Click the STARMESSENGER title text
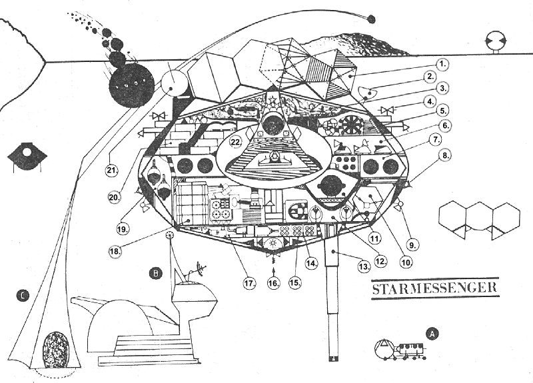[435, 288]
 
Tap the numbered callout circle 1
[442, 64]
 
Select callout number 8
[446, 155]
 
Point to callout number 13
[364, 267]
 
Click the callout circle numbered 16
[274, 282]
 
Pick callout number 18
[114, 252]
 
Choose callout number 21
[111, 170]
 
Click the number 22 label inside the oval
[236, 143]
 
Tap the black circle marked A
[432, 334]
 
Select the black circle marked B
[156, 274]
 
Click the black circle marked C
[23, 296]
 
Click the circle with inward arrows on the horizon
[496, 40]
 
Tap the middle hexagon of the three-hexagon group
[479, 217]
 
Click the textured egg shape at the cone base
[56, 350]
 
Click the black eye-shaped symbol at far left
[27, 157]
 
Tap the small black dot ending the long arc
[372, 19]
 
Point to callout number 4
[440, 101]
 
